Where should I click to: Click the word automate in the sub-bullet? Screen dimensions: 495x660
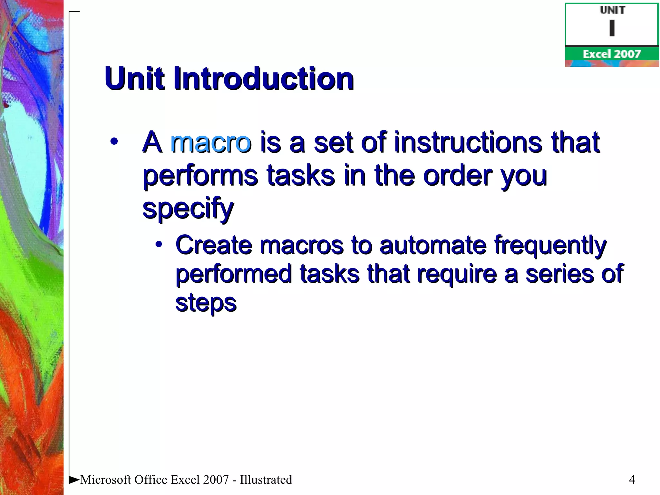[433, 246]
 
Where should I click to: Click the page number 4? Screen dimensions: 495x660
[632, 480]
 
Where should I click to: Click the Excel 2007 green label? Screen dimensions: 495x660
[611, 54]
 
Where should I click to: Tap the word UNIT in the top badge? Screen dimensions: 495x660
[612, 10]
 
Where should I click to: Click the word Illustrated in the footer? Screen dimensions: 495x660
[266, 480]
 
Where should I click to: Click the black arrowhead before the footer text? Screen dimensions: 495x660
[74, 480]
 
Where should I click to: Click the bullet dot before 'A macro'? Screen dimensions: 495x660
[114, 141]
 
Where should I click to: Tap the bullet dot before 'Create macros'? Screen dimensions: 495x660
[159, 244]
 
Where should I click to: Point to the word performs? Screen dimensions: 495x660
[200, 177]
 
